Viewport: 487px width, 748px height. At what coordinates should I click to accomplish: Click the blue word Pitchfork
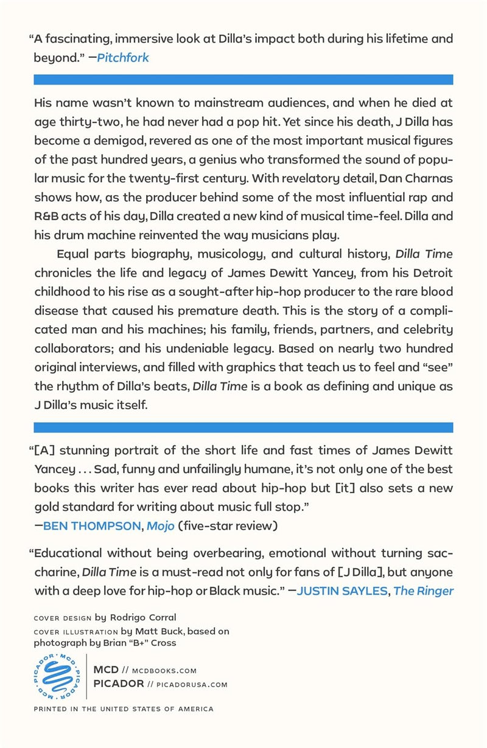pyautogui.click(x=123, y=58)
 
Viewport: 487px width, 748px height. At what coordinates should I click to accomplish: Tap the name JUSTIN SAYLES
pyautogui.click(x=342, y=590)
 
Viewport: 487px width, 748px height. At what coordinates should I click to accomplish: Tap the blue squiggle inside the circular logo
pyautogui.click(x=58, y=677)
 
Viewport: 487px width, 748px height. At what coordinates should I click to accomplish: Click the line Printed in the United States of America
pyautogui.click(x=124, y=709)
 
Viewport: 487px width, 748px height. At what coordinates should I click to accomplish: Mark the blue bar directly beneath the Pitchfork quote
pyautogui.click(x=243, y=79)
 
